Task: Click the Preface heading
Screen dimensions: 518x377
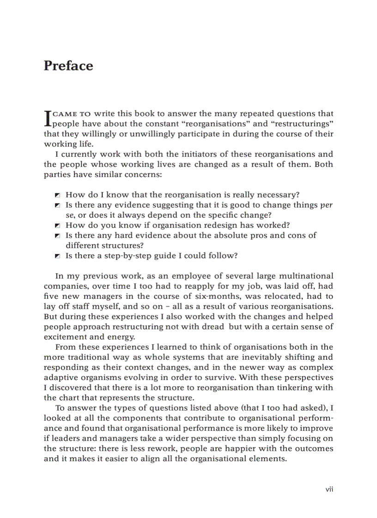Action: pyautogui.click(x=68, y=66)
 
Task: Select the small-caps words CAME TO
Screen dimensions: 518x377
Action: pyautogui.click(x=72, y=114)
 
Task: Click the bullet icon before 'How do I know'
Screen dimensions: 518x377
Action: pyautogui.click(x=57, y=195)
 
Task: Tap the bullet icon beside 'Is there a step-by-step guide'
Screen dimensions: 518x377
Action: pyautogui.click(x=57, y=256)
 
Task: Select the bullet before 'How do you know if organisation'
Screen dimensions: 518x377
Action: pyautogui.click(x=57, y=226)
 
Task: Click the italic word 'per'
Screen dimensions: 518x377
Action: pyautogui.click(x=327, y=205)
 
